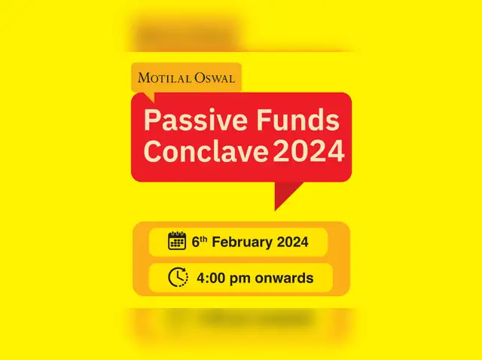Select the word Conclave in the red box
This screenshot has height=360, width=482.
tap(206, 151)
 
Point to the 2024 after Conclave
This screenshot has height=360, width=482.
tap(308, 151)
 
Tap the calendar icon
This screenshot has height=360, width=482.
tap(177, 242)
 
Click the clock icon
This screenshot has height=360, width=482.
tap(178, 277)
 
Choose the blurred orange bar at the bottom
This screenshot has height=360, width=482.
tap(241, 319)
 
